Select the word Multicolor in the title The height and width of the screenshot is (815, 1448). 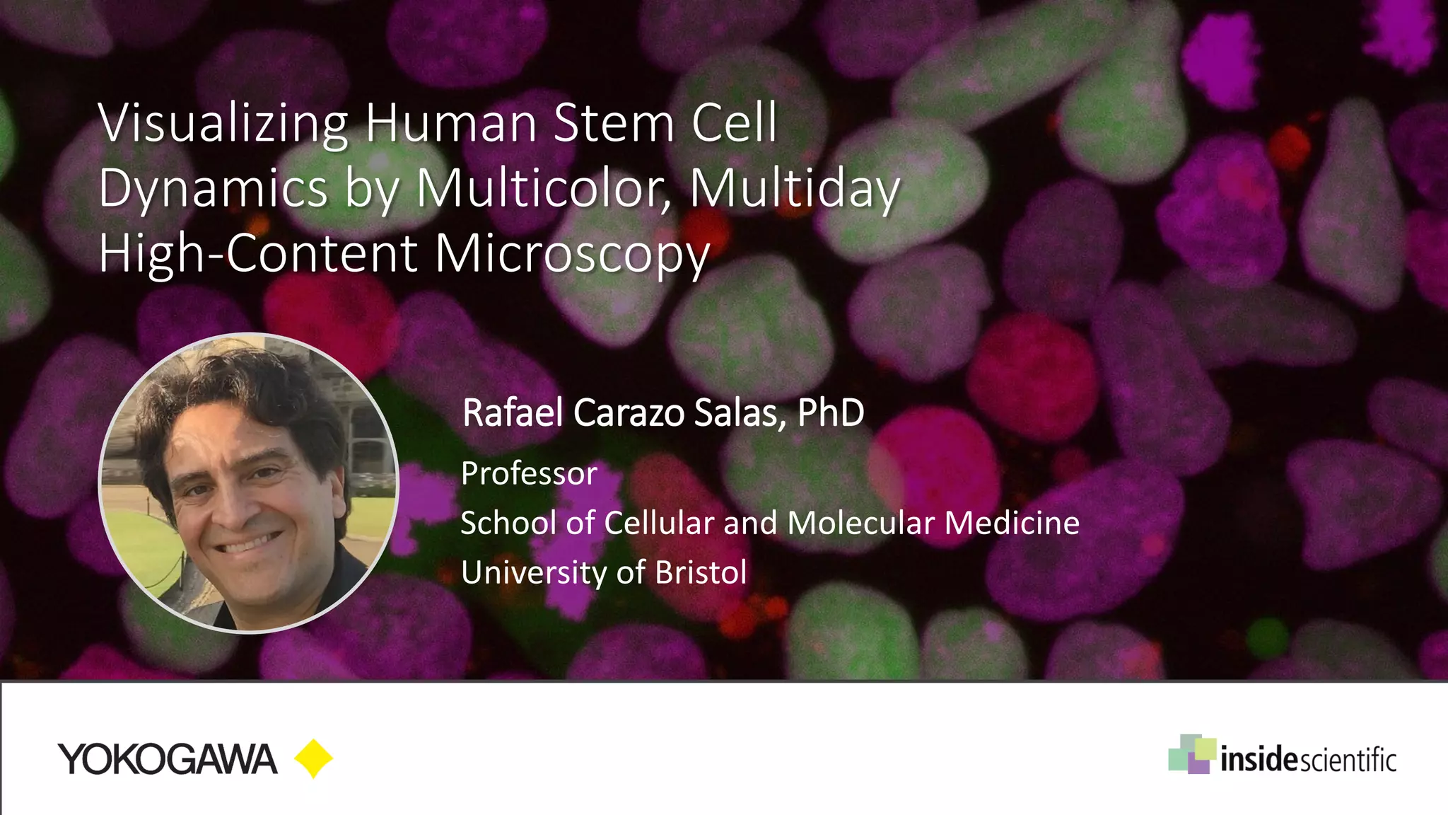[x=543, y=188]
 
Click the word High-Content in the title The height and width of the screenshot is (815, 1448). [x=258, y=253]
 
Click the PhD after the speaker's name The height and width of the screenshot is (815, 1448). [x=831, y=412]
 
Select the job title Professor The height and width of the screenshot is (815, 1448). [x=529, y=473]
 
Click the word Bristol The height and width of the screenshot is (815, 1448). [x=701, y=572]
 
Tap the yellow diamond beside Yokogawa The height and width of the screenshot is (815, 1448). [x=313, y=759]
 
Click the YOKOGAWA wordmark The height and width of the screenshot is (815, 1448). [x=168, y=760]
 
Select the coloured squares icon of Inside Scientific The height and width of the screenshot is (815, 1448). [x=1191, y=754]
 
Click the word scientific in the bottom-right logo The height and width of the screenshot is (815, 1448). [x=1348, y=761]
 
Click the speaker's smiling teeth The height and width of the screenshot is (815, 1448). [x=243, y=544]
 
